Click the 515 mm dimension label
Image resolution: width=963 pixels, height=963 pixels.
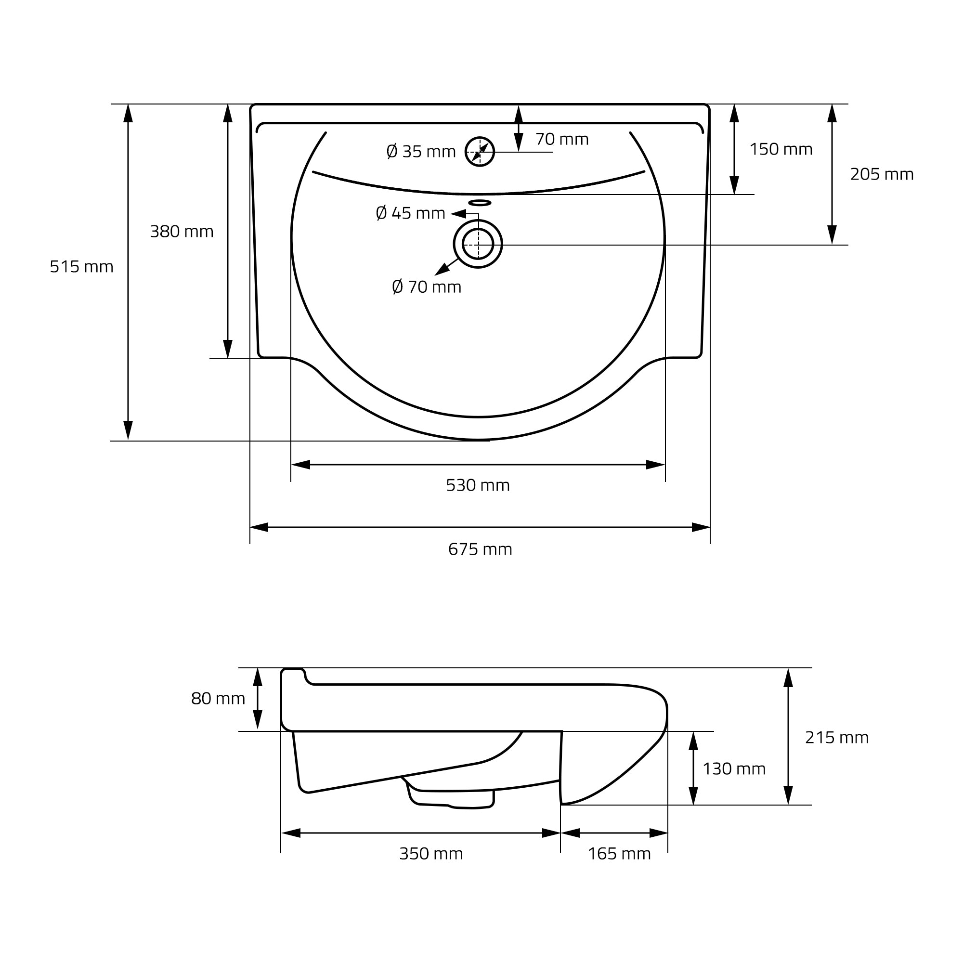click(82, 267)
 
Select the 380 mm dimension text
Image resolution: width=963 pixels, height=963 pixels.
click(182, 232)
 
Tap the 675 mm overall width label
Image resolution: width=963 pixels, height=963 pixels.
click(480, 549)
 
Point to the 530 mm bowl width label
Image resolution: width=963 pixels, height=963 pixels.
click(478, 485)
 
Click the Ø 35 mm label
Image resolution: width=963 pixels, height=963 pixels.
click(421, 152)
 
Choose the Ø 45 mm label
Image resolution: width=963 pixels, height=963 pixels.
click(410, 213)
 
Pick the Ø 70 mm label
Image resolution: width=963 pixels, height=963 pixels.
click(427, 287)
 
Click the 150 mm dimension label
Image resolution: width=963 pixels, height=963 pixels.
click(781, 150)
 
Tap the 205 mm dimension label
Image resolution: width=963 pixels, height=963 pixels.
click(882, 174)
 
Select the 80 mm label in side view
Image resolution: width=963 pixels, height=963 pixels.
click(218, 699)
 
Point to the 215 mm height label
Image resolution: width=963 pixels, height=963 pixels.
click(837, 738)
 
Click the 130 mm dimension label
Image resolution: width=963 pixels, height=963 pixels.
click(734, 769)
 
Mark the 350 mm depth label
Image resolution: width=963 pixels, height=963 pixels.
click(431, 854)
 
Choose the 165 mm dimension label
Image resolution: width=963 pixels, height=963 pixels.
click(620, 854)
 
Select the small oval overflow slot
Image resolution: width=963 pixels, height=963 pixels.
click(480, 202)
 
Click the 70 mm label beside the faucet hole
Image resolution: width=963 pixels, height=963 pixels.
click(562, 139)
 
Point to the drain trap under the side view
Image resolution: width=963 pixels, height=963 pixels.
click(451, 798)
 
